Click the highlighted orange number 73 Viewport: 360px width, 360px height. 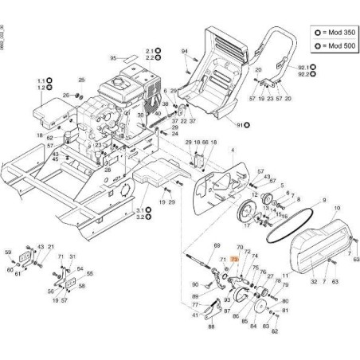click(x=234, y=259)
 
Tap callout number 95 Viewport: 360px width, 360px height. click(x=113, y=57)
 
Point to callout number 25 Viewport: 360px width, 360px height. click(x=80, y=80)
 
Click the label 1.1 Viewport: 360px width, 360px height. click(x=40, y=81)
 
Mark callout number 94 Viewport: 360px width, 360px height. click(x=184, y=52)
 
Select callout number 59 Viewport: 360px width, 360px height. click(x=9, y=253)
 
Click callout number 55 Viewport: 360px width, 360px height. click(x=89, y=273)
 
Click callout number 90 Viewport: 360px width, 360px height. click(x=195, y=283)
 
